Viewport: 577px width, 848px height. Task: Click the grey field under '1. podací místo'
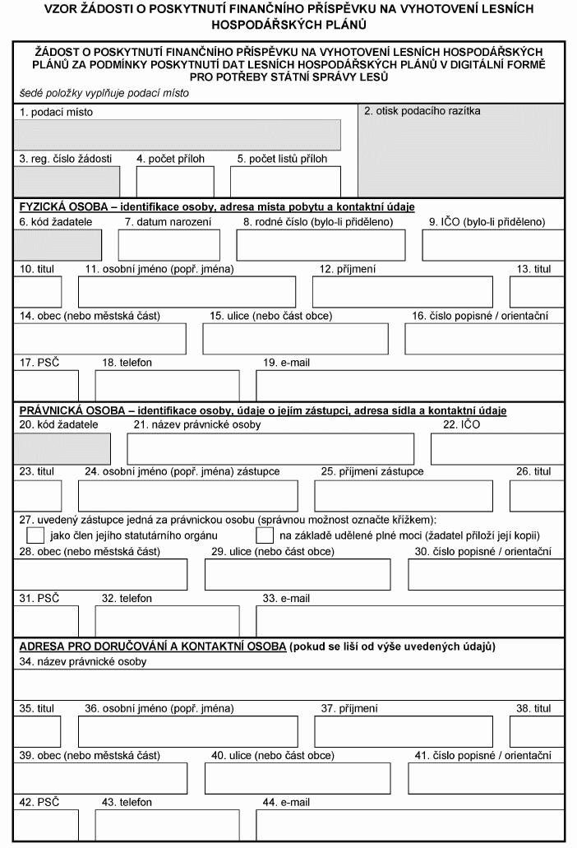tap(178, 134)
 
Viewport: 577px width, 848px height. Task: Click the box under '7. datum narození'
tap(168, 245)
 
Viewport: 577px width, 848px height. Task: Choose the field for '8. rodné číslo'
tap(321, 245)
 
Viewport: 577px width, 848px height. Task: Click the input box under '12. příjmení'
tap(402, 292)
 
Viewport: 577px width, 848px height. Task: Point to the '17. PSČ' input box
tap(47, 385)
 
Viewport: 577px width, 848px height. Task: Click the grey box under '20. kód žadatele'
tap(62, 448)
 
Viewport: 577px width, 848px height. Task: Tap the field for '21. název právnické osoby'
tap(270, 448)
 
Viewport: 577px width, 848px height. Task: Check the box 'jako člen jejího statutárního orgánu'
tap(35, 535)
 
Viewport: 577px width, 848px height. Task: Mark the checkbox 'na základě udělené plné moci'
tap(265, 535)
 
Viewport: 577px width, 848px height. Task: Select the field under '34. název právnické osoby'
tap(288, 683)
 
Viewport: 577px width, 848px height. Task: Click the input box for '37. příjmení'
tap(403, 731)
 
